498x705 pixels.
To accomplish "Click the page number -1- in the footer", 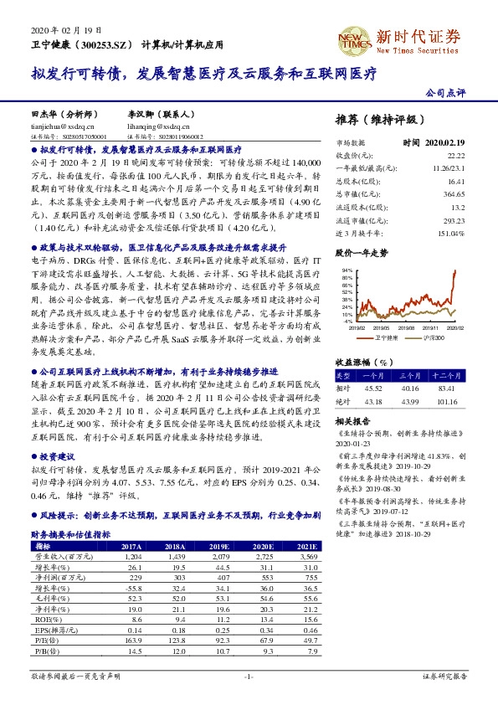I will tap(249, 675).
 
